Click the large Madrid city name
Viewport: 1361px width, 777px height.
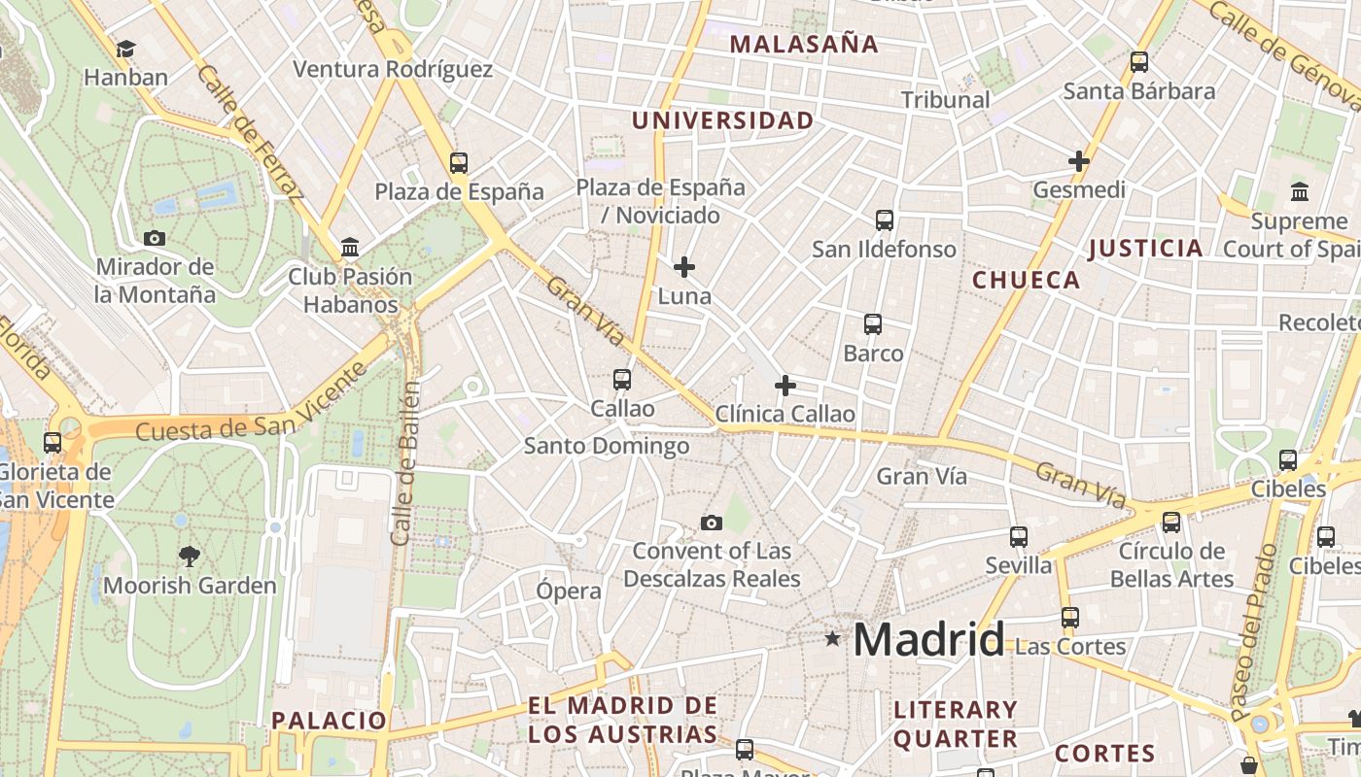tap(928, 640)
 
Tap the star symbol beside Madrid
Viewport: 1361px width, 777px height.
tap(832, 639)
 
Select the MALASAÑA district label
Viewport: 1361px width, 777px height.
tap(804, 44)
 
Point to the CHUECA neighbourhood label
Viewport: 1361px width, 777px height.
tap(1027, 281)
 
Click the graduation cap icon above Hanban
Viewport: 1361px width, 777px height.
tap(125, 50)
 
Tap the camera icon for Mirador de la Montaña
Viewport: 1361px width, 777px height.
tap(154, 238)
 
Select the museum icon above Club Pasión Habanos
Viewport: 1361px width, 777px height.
tap(350, 248)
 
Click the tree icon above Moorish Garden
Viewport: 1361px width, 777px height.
tap(190, 557)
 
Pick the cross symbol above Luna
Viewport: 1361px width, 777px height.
tap(684, 266)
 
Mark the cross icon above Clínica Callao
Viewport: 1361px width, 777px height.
tap(785, 386)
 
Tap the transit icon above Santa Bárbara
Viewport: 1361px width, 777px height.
tap(1139, 62)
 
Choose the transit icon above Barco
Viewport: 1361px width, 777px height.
tap(873, 324)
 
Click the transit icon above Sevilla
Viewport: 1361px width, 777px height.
tap(1019, 536)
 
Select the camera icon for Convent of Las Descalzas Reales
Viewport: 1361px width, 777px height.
tap(712, 524)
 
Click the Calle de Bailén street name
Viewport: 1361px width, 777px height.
tap(407, 462)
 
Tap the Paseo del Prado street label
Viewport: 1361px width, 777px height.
tap(1254, 631)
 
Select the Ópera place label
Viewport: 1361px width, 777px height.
tap(569, 591)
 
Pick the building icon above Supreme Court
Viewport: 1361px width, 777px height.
tap(1300, 191)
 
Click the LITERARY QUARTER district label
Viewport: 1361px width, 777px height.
tap(955, 725)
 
